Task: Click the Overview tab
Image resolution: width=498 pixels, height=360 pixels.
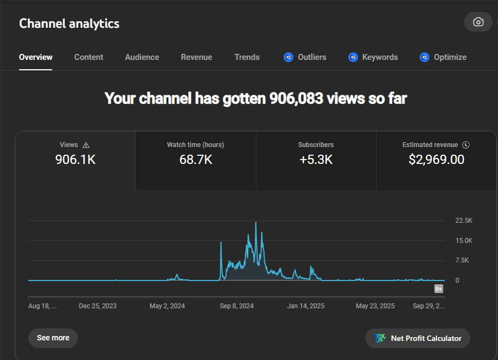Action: (x=36, y=57)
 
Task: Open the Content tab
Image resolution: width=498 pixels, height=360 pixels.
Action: (x=89, y=57)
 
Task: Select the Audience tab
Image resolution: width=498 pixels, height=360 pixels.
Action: (x=142, y=57)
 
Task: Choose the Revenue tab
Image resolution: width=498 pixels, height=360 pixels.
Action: (x=196, y=57)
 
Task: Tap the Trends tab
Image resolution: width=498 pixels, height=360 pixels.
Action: (x=247, y=57)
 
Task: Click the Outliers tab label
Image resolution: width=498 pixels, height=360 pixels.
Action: (x=312, y=57)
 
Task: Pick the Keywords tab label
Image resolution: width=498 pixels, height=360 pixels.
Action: (x=380, y=57)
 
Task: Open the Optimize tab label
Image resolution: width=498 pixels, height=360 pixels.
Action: (x=450, y=57)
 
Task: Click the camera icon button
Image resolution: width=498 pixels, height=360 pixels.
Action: (x=478, y=22)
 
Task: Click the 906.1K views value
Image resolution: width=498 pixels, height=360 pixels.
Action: (x=76, y=160)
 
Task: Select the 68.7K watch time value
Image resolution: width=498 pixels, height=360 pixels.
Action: (x=195, y=160)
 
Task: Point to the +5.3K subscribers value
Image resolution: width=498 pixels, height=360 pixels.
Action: (x=316, y=160)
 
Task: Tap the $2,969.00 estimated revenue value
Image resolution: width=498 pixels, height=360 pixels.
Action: (x=436, y=160)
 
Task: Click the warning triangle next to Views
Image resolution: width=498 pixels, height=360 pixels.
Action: (x=86, y=145)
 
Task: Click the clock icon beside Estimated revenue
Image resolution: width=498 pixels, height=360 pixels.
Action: (x=466, y=145)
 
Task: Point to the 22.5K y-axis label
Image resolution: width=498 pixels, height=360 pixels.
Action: (x=464, y=221)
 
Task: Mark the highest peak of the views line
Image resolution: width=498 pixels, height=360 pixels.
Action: (x=256, y=222)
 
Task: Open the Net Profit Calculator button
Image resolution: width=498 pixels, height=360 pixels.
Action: (x=417, y=338)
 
